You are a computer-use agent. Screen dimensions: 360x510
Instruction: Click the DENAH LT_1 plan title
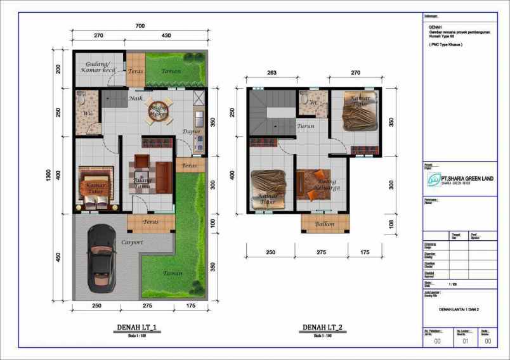(x=136, y=328)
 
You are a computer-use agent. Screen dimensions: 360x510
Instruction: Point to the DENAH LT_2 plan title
(x=322, y=328)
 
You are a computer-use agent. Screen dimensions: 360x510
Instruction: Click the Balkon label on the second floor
(x=324, y=224)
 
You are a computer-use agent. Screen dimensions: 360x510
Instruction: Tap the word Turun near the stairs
(x=306, y=126)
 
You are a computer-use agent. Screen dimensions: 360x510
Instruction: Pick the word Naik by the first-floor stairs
(x=135, y=99)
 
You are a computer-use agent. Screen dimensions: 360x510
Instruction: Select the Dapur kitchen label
(x=192, y=132)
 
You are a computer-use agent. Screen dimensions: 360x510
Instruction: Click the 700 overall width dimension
(x=140, y=25)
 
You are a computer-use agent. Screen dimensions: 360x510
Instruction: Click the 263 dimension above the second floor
(x=272, y=73)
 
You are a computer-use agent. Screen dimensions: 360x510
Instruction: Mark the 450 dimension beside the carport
(x=58, y=257)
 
